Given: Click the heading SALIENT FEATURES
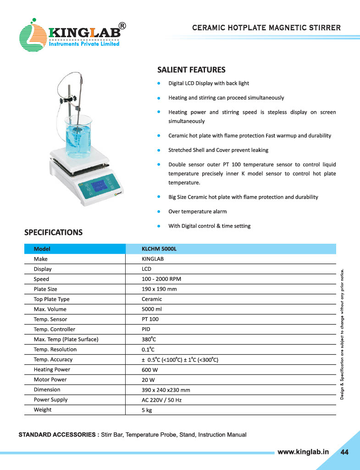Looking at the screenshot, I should (x=191, y=70).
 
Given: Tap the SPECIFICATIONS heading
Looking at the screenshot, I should (x=53, y=232).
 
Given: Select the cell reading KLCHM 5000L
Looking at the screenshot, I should (x=159, y=249).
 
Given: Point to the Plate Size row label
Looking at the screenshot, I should (x=45, y=289).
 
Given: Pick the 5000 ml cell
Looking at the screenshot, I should (x=152, y=309).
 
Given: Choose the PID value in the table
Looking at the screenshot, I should (x=146, y=330).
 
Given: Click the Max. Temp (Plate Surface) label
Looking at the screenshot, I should (x=66, y=340).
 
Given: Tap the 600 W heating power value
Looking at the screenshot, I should (x=150, y=370).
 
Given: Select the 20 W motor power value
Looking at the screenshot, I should (x=148, y=380).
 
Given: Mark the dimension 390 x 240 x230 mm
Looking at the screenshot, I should (x=166, y=390).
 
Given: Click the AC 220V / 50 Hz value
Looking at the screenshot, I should (x=162, y=400).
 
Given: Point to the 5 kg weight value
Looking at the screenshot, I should (x=147, y=410).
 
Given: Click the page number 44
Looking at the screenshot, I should (x=344, y=452).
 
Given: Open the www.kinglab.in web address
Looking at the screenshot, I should (x=303, y=452).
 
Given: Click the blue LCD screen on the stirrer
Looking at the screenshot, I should (x=99, y=187).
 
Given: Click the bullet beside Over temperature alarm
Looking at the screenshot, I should (x=158, y=212).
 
